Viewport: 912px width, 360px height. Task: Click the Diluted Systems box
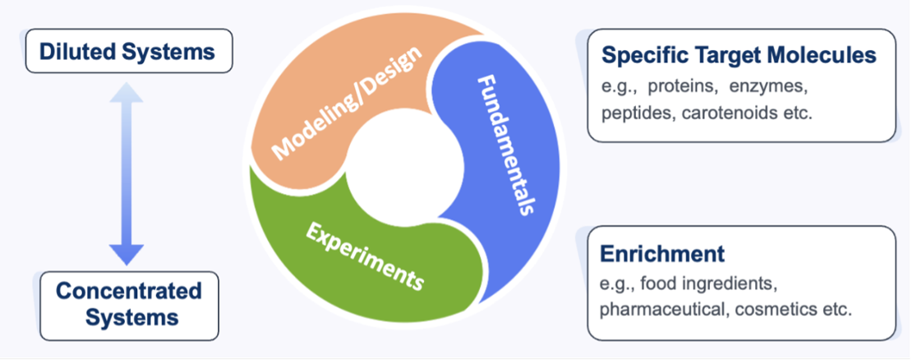tap(128, 51)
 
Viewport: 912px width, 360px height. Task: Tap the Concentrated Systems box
tap(129, 305)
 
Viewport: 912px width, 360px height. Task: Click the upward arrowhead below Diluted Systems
tap(127, 92)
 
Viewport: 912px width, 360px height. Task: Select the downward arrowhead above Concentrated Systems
tap(127, 255)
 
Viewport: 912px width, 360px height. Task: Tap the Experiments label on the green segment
tap(365, 257)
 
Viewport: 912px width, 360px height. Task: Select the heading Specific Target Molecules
tap(739, 55)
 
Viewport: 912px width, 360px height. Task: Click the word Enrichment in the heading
tap(662, 254)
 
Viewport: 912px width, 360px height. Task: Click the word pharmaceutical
tap(663, 310)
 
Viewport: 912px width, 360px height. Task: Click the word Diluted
tap(72, 51)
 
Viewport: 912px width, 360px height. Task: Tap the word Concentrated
tap(129, 290)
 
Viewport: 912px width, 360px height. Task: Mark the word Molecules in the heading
tap(822, 55)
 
